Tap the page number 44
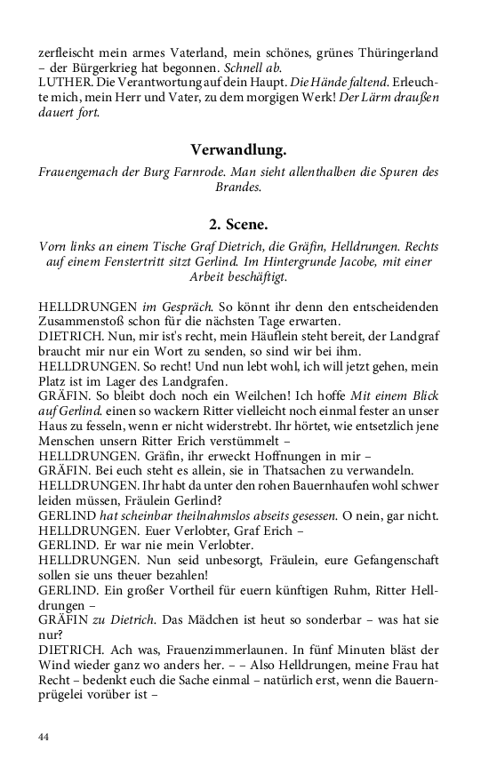point(44,737)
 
